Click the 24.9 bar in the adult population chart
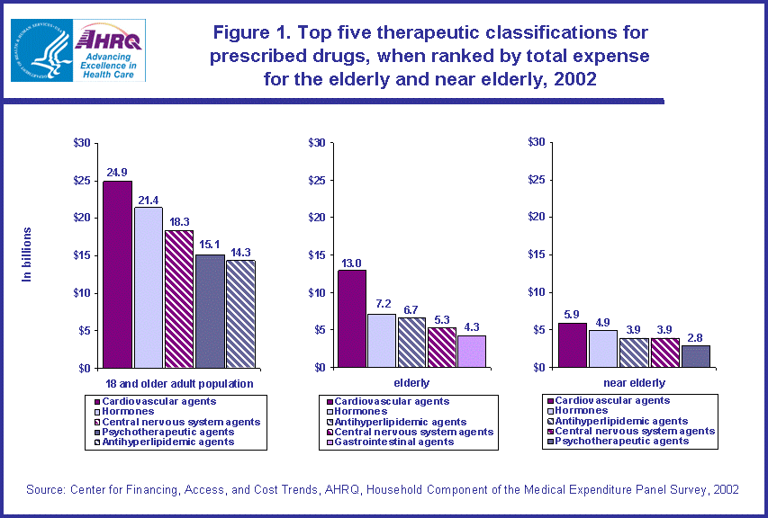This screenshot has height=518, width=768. [117, 274]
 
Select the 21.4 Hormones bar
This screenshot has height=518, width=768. [149, 288]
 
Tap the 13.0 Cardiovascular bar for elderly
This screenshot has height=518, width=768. [352, 318]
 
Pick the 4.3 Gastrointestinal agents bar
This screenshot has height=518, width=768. [472, 351]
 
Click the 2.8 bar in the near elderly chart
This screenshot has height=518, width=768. [695, 356]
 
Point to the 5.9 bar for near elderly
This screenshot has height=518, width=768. [573, 344]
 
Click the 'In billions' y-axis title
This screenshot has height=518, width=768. [27, 255]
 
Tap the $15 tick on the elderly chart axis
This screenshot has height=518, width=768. [316, 255]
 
